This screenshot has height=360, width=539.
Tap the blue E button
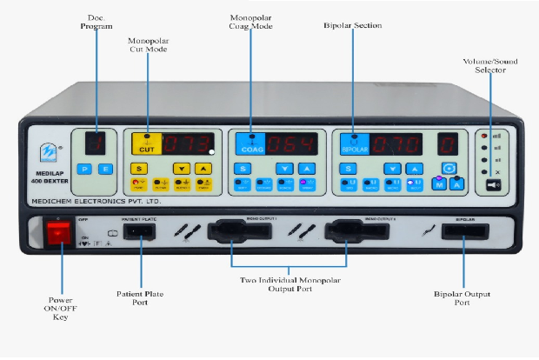(x=105, y=169)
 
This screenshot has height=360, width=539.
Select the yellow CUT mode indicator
(x=146, y=143)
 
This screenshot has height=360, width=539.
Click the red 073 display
(x=190, y=143)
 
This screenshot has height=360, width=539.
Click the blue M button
(x=440, y=184)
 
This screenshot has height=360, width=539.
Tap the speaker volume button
(x=493, y=184)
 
